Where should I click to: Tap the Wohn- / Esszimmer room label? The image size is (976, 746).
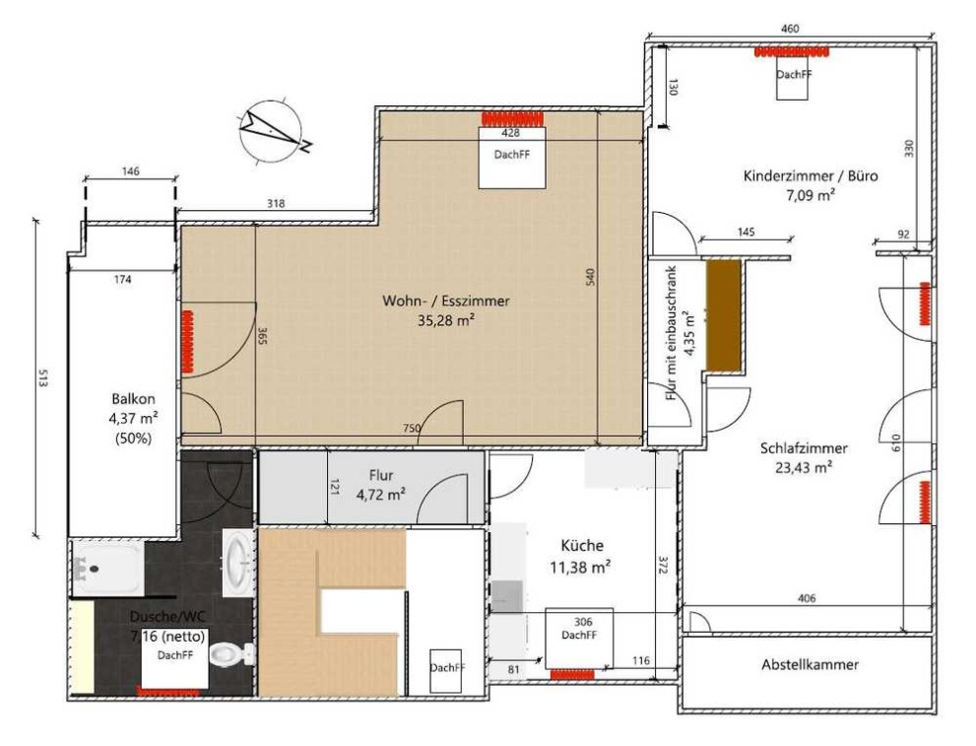pyautogui.click(x=446, y=301)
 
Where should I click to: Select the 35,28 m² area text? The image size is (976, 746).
pyautogui.click(x=446, y=320)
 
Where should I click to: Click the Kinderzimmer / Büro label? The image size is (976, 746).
pyautogui.click(x=811, y=175)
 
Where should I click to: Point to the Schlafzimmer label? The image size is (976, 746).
pyautogui.click(x=804, y=447)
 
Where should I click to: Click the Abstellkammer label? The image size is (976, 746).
pyautogui.click(x=810, y=664)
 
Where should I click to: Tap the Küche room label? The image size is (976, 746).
pyautogui.click(x=582, y=546)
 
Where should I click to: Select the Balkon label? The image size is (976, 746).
pyautogui.click(x=133, y=398)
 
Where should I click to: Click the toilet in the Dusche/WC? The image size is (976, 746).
pyautogui.click(x=231, y=653)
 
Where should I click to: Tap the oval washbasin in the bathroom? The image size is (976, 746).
pyautogui.click(x=238, y=564)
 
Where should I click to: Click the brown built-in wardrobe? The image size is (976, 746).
pyautogui.click(x=724, y=315)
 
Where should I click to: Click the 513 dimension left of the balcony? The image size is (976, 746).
pyautogui.click(x=42, y=378)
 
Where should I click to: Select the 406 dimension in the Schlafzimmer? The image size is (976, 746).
pyautogui.click(x=806, y=598)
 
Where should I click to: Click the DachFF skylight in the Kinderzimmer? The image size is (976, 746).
pyautogui.click(x=793, y=75)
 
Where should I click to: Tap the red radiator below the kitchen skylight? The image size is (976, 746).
pyautogui.click(x=572, y=674)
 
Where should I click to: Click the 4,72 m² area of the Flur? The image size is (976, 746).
pyautogui.click(x=381, y=495)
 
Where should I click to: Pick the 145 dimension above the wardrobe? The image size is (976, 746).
pyautogui.click(x=746, y=233)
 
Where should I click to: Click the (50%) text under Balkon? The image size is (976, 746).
pyautogui.click(x=133, y=438)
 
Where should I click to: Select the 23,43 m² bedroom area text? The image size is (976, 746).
pyautogui.click(x=804, y=467)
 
